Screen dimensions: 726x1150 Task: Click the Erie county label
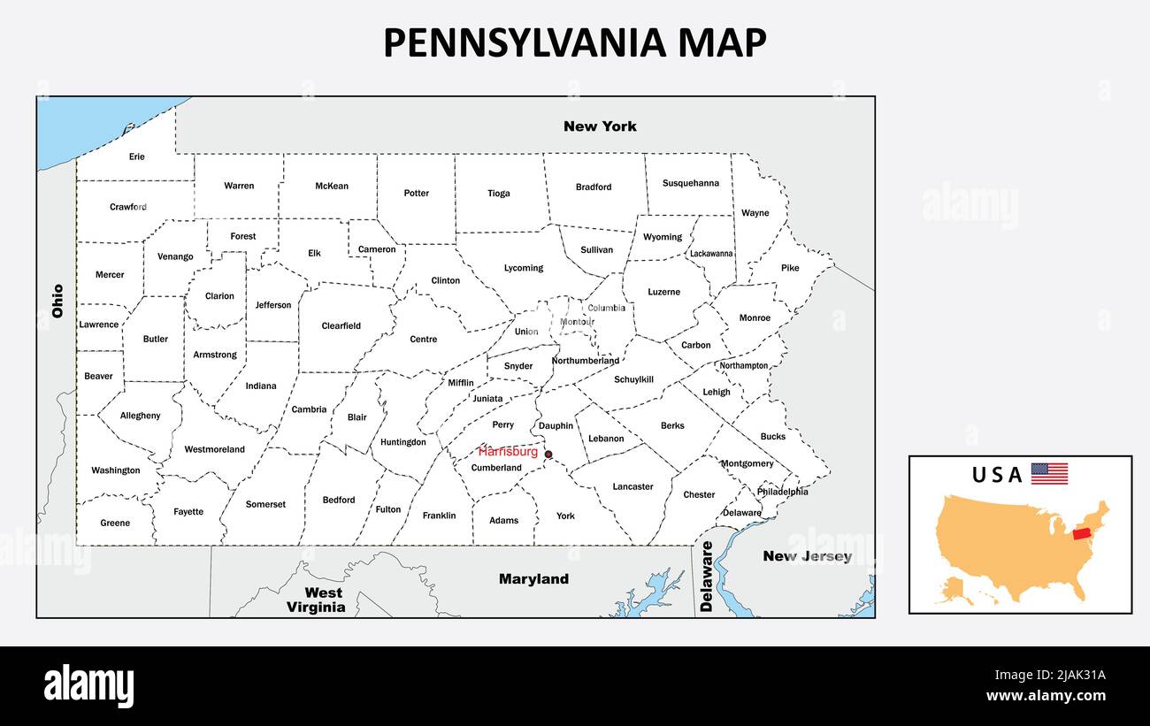tap(136, 157)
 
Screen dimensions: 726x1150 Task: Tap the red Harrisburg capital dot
tap(548, 455)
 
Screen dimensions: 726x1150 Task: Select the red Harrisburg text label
tap(508, 451)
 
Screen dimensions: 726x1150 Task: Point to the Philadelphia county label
tap(782, 492)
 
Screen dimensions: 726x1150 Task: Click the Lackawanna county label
tap(711, 254)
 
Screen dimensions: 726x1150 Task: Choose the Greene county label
tap(115, 523)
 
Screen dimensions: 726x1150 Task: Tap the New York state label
tap(600, 126)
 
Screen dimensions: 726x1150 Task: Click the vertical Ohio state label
tap(58, 301)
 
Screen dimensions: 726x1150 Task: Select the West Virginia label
tap(316, 600)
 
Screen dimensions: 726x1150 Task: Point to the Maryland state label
tap(533, 579)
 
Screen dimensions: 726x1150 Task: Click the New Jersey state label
tap(807, 556)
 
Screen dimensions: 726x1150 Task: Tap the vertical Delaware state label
tap(706, 577)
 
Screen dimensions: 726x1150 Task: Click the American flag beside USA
tap(1049, 474)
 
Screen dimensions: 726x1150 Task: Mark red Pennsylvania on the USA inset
tap(1081, 534)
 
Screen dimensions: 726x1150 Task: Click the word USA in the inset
tap(997, 475)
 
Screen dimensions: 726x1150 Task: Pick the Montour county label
tap(577, 322)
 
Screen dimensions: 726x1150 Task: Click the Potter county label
tap(416, 193)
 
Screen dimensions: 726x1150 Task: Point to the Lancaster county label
tap(632, 486)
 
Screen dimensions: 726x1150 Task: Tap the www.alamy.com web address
tap(1046, 696)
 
